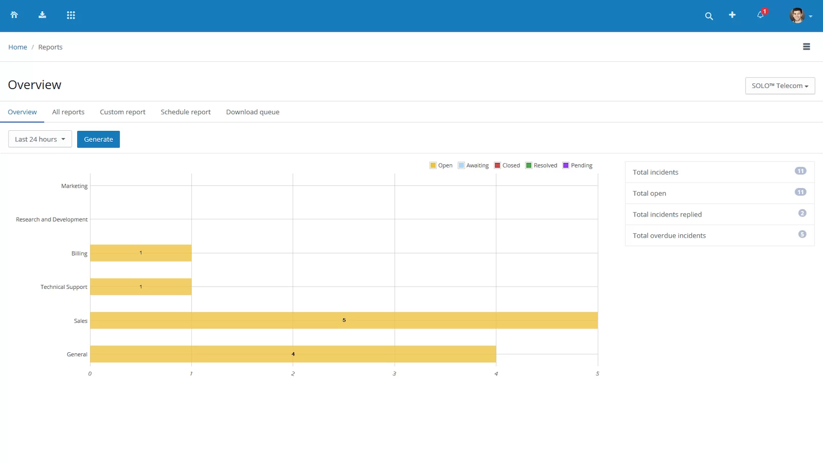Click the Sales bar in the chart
[x=344, y=321]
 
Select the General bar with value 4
[x=293, y=354]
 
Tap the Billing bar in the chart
[x=141, y=253]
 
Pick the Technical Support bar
[x=141, y=287]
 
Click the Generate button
[x=98, y=139]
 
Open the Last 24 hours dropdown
[x=40, y=139]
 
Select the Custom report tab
[x=122, y=112]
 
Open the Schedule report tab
[x=186, y=112]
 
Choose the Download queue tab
[x=252, y=112]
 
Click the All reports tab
[x=68, y=112]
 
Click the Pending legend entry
[x=578, y=165]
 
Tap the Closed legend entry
[x=507, y=165]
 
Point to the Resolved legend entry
[x=542, y=165]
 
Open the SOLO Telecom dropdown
[x=780, y=86]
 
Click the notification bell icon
[x=760, y=15]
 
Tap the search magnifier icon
[x=709, y=16]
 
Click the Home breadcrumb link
[x=18, y=47]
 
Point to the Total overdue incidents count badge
[x=802, y=234]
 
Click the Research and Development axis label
[x=52, y=219]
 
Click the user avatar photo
[x=797, y=15]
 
